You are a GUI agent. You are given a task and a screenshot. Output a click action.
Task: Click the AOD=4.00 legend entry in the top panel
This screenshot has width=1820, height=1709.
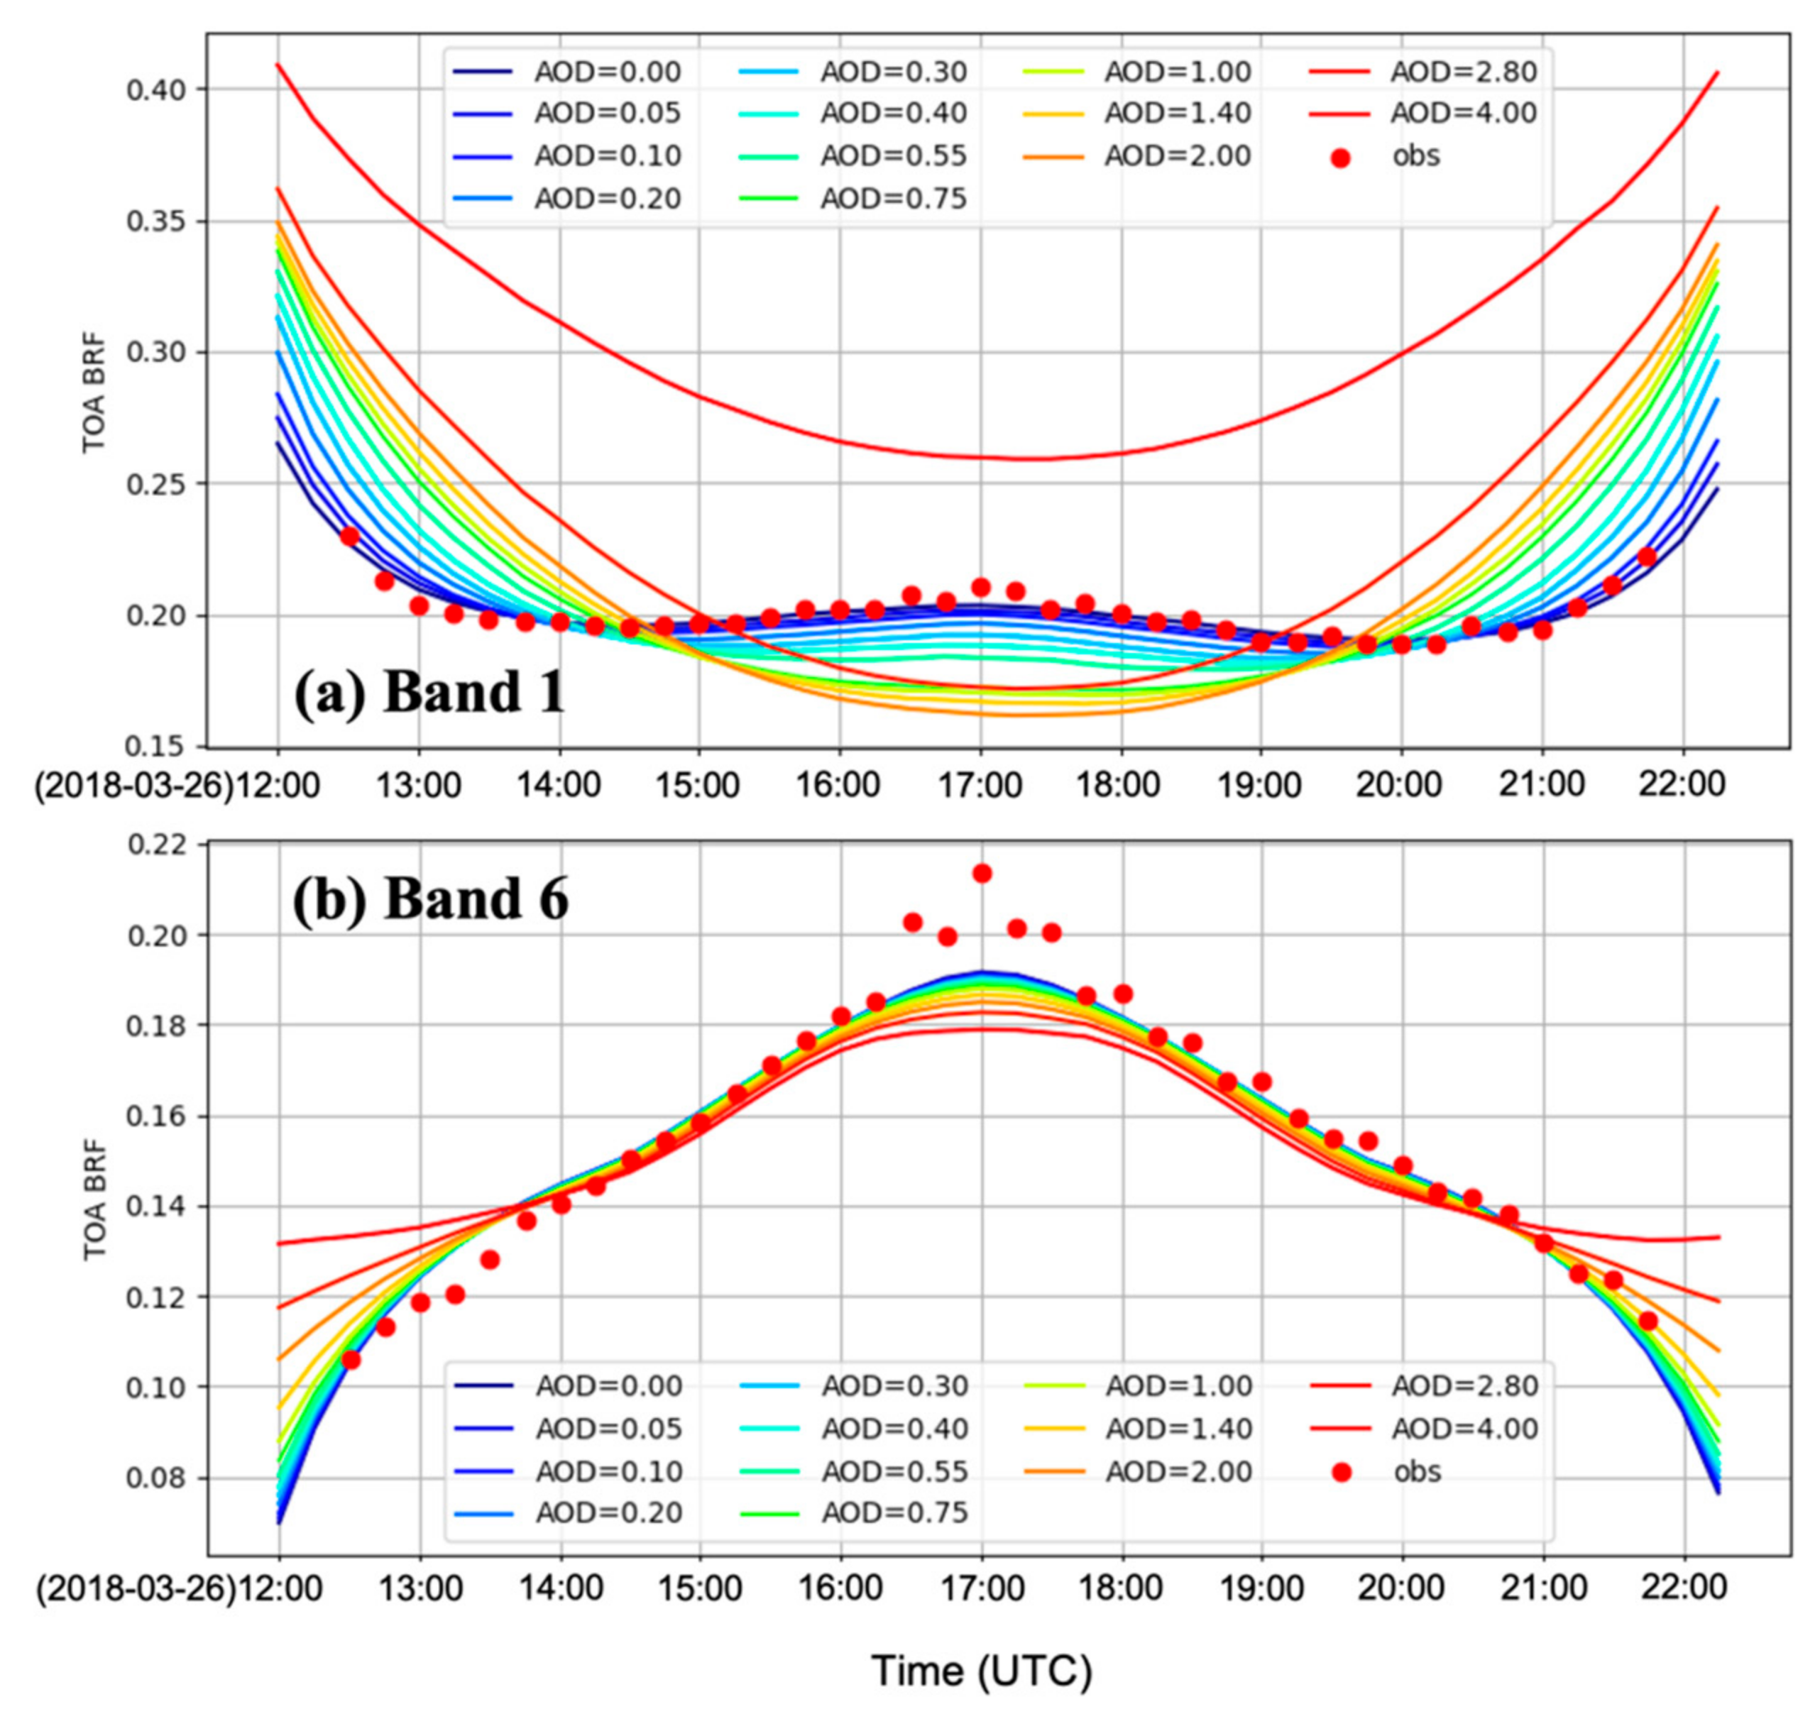pos(1463,113)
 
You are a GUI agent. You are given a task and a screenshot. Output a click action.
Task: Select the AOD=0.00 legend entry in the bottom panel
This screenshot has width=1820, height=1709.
pos(608,1386)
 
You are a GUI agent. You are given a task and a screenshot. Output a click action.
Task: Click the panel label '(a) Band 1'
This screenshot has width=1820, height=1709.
pos(429,692)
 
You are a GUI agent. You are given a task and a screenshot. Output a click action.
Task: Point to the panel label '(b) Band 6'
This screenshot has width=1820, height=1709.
pos(430,899)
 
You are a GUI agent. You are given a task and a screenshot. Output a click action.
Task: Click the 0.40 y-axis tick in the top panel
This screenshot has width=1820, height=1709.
pos(157,89)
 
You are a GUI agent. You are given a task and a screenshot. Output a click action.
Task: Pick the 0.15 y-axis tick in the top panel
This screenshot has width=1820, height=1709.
pos(157,747)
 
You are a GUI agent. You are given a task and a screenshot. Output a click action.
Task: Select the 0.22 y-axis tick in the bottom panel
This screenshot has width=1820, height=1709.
pos(157,845)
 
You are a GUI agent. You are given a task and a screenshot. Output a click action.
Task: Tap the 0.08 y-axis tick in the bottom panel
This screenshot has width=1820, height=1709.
pos(157,1478)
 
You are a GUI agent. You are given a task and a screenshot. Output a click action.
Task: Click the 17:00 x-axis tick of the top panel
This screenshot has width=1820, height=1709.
pos(980,786)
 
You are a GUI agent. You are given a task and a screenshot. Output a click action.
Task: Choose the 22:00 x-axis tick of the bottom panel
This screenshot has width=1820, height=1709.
pos(1684,1589)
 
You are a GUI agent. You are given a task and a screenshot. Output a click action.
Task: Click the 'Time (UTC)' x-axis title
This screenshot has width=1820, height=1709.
pos(982,1671)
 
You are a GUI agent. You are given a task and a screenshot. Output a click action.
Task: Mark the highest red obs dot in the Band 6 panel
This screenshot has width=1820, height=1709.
pos(982,873)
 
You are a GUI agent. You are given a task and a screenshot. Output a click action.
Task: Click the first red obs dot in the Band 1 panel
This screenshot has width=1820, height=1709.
pos(349,537)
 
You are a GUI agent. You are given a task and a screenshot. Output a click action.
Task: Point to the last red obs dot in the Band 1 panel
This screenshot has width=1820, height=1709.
pos(1647,556)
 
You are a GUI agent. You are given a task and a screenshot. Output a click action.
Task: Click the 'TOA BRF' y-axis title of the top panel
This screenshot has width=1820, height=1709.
pos(94,394)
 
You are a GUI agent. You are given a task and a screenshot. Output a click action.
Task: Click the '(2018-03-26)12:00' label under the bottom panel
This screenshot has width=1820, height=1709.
pos(178,1589)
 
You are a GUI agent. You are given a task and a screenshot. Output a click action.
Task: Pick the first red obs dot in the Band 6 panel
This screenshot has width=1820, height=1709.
pos(351,1361)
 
